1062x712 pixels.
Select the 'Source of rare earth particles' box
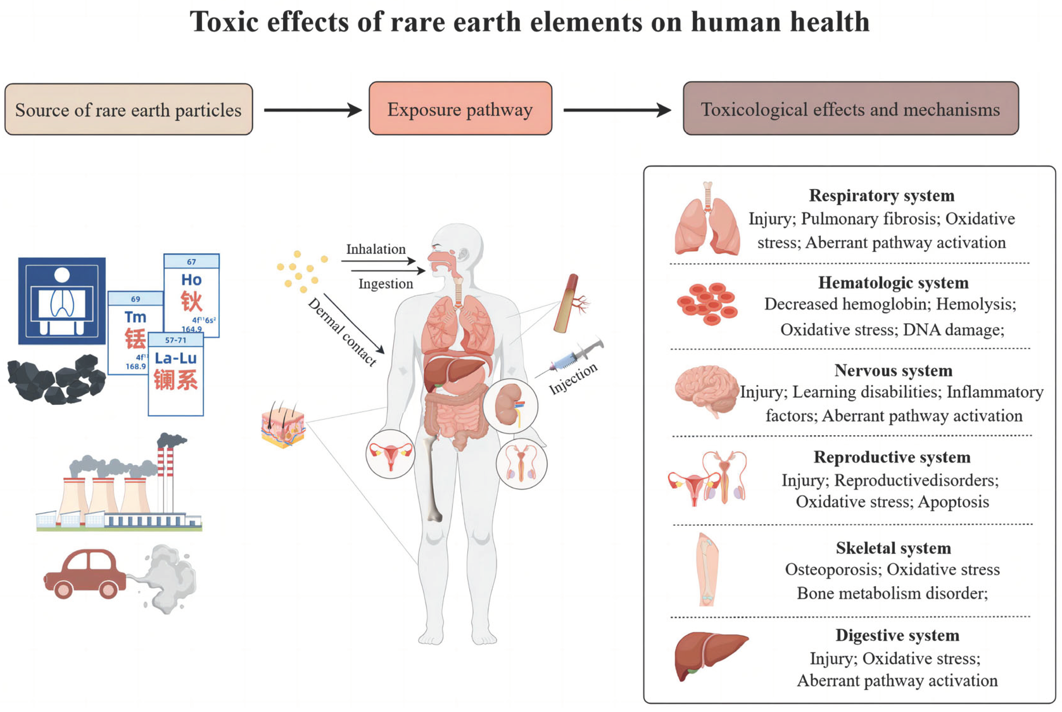tap(129, 110)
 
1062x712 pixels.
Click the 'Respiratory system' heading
tap(881, 195)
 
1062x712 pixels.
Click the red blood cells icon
tap(707, 303)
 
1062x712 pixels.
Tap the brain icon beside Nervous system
tap(706, 391)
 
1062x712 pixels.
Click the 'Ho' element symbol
tap(191, 280)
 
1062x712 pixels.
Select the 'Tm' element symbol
tap(135, 317)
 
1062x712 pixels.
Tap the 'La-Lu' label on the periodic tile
tap(176, 358)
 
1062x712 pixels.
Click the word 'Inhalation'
tap(376, 249)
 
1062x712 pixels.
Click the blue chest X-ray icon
tap(62, 301)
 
